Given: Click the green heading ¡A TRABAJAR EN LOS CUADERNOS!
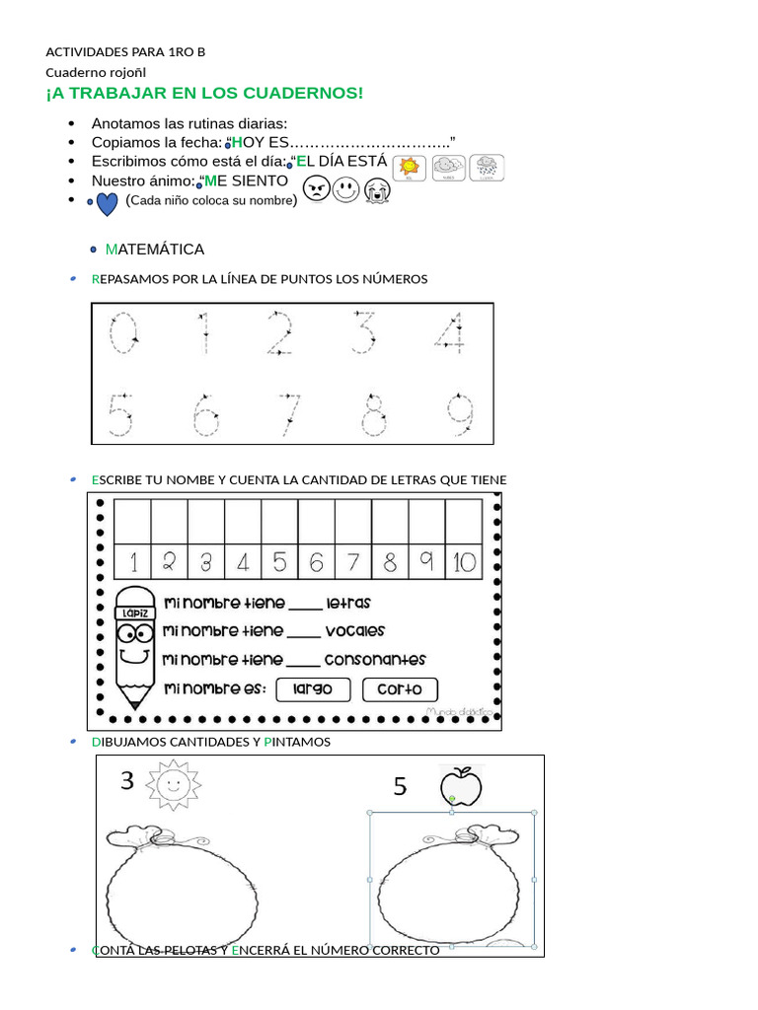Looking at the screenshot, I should point(204,94).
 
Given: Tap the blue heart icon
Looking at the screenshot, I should point(108,202).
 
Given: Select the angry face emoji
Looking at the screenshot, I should point(315,188).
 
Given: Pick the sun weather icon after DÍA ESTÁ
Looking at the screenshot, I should point(410,168).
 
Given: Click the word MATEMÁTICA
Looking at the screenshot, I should point(155,250).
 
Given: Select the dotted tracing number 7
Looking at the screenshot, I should point(288,415).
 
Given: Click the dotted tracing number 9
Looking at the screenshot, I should point(456,415).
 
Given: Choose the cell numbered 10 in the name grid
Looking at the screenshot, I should point(463,562).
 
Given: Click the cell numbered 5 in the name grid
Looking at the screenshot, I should point(279,562).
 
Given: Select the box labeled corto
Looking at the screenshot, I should point(400,689).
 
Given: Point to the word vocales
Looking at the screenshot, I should point(354,631).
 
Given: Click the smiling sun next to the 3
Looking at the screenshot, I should point(173,784).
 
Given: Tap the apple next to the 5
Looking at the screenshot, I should point(461,786).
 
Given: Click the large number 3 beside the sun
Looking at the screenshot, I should point(127,782).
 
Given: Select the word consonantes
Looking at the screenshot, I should point(375,660).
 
